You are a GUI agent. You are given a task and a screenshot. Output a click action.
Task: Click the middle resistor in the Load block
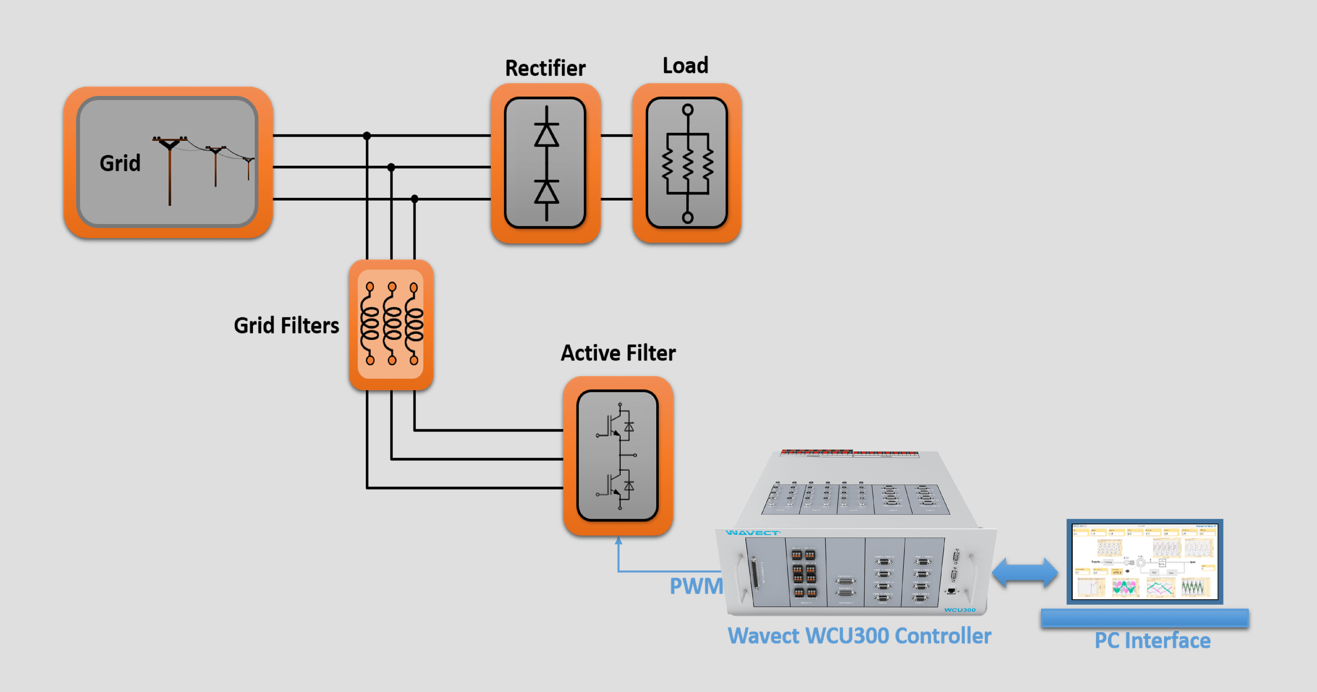(x=688, y=163)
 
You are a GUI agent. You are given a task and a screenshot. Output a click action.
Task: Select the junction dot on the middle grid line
(x=391, y=167)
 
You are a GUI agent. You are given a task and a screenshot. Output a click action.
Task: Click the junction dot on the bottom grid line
(x=415, y=199)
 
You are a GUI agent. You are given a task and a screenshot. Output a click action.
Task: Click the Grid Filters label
(x=286, y=326)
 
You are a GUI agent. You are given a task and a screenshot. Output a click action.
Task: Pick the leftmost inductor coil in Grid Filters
(x=370, y=323)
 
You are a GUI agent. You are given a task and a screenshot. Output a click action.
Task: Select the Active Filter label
(x=618, y=353)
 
